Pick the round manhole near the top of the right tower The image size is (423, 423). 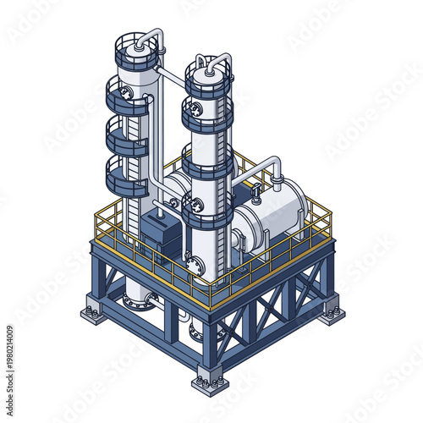(197, 108)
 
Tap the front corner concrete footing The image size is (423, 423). (210, 383)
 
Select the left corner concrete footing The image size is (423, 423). (92, 315)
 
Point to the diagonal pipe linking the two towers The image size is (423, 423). (169, 80)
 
